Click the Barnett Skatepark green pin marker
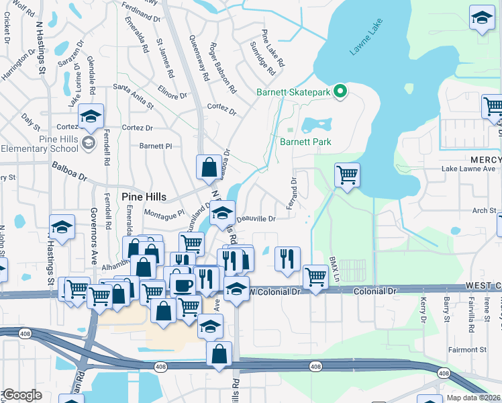click(x=340, y=92)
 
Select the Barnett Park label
click(x=305, y=142)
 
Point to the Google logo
click(x=21, y=395)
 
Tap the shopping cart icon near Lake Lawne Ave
click(x=347, y=175)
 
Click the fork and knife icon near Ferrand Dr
click(x=287, y=259)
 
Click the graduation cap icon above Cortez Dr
click(x=91, y=117)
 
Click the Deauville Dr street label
click(x=255, y=218)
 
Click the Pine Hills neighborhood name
click(x=143, y=196)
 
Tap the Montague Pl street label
click(x=164, y=213)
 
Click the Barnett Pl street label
click(x=156, y=145)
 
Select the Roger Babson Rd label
click(x=223, y=68)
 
